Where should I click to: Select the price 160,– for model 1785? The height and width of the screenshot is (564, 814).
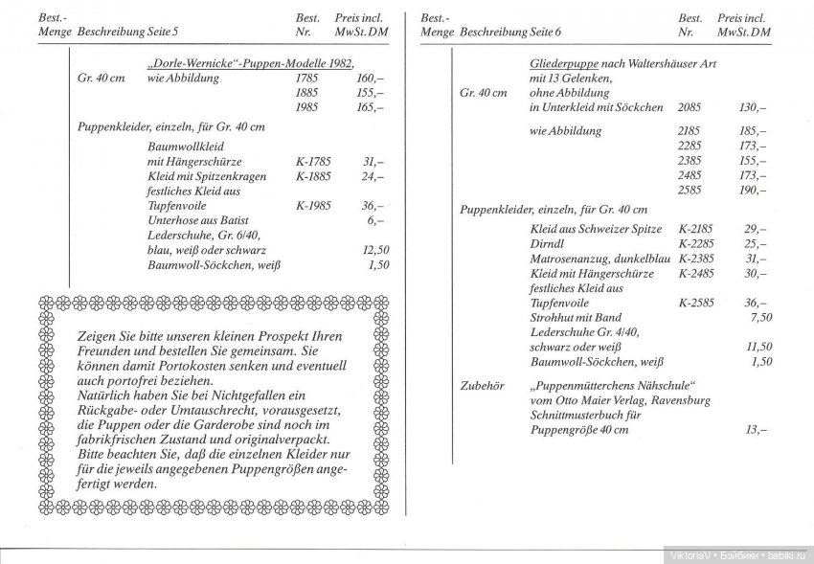[369, 78]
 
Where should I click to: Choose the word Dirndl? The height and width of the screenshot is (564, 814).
[548, 243]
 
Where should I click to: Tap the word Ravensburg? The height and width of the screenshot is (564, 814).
[678, 400]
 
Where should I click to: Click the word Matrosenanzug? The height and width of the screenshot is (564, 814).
[573, 259]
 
